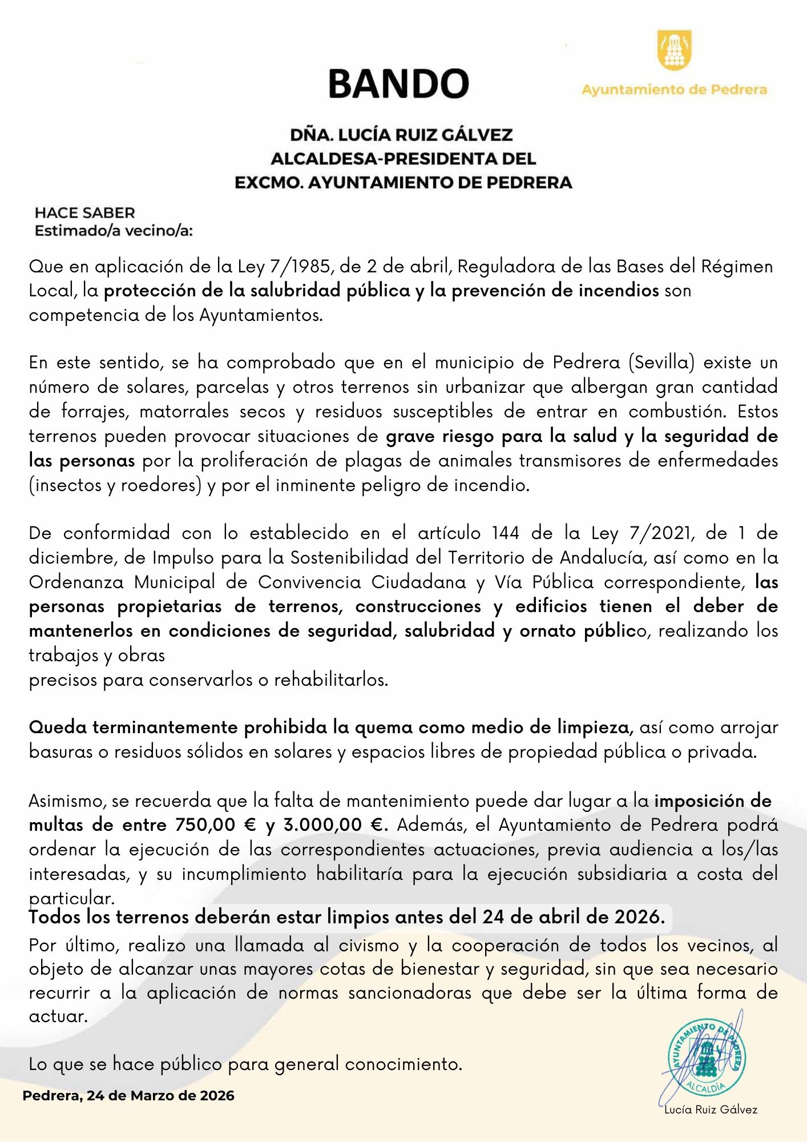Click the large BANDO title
click(398, 83)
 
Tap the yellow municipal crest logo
click(675, 50)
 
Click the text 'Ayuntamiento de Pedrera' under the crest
click(674, 90)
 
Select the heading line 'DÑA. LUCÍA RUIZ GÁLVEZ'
click(401, 135)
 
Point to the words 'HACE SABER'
click(84, 213)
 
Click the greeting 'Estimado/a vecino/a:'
click(114, 231)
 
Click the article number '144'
click(506, 533)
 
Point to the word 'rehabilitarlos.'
click(331, 680)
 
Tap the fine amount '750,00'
click(197, 825)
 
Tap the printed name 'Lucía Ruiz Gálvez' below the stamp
click(711, 1109)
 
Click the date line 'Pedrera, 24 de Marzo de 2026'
click(128, 1096)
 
